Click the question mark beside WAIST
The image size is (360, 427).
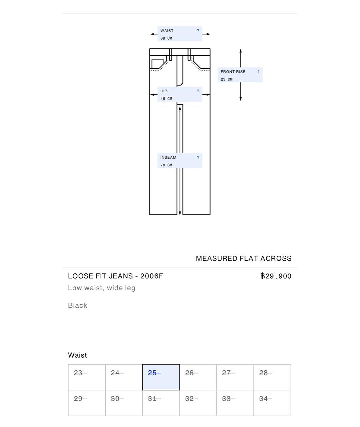pyautogui.click(x=198, y=31)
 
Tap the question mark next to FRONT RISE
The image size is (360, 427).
pyautogui.click(x=258, y=72)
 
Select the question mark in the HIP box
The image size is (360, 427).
pyautogui.click(x=198, y=91)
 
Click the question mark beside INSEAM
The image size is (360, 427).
pyautogui.click(x=198, y=158)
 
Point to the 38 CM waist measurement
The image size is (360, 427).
pyautogui.click(x=166, y=38)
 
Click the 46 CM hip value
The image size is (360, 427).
pyautogui.click(x=166, y=99)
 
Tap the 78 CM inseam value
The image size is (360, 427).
pyautogui.click(x=166, y=165)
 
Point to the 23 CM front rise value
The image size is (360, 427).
pyautogui.click(x=226, y=79)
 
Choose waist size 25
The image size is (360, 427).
pyautogui.click(x=161, y=377)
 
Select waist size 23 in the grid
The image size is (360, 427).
pyautogui.click(x=87, y=377)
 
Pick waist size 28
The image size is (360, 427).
pyautogui.click(x=272, y=377)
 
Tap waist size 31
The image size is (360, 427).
pyautogui.click(x=161, y=403)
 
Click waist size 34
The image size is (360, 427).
pyautogui.click(x=272, y=403)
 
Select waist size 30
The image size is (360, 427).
pyautogui.click(x=124, y=403)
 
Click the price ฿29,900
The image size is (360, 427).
pyautogui.click(x=276, y=276)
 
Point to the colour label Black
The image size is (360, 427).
pyautogui.click(x=77, y=305)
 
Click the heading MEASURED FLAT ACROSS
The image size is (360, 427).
pyautogui.click(x=244, y=259)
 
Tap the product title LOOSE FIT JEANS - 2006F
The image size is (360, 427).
pyautogui.click(x=115, y=276)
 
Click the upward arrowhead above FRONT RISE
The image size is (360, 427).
pyautogui.click(x=240, y=51)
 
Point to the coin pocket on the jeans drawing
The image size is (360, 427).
pyautogui.click(x=158, y=64)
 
